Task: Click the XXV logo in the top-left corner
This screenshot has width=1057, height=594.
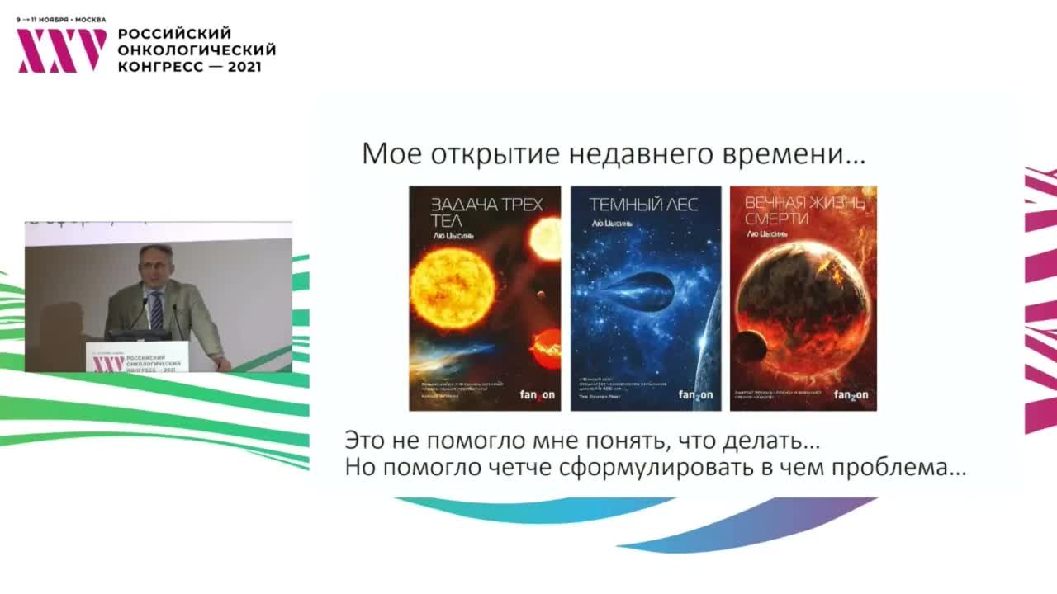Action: [61, 50]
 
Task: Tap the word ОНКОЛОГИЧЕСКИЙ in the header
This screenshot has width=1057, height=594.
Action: [197, 50]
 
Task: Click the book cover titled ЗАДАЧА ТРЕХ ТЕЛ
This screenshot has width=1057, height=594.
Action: [485, 298]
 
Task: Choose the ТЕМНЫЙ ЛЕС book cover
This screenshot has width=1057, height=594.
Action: [646, 298]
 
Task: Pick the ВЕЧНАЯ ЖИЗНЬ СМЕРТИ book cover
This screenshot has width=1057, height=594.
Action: [803, 298]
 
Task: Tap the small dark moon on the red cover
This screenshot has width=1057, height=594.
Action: [750, 347]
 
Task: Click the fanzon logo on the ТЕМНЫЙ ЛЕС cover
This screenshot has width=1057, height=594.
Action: [695, 395]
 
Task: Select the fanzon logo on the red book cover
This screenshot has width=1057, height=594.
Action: [851, 395]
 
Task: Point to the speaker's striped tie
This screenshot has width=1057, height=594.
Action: [156, 310]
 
